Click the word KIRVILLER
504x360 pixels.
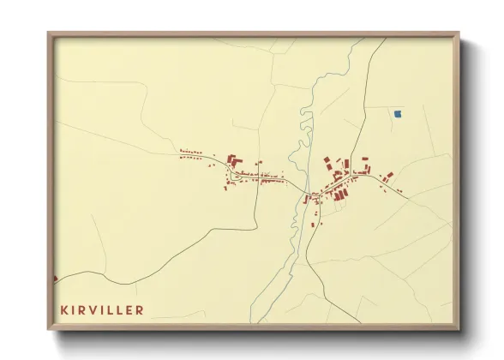tap(102, 309)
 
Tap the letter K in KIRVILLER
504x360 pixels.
tap(63, 309)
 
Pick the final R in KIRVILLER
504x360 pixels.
tap(140, 309)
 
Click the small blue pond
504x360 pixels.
tap(398, 113)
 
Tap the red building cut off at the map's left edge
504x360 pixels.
tap(55, 278)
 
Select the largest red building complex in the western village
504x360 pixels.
tap(233, 162)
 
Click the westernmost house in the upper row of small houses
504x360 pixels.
tap(182, 151)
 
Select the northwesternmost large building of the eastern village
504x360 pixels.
tap(327, 162)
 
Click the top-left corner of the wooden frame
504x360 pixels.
tap(49, 33)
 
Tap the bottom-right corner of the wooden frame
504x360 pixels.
tap(462, 328)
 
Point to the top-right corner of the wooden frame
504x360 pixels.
tap(462, 33)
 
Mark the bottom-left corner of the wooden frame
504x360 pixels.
tap(49, 328)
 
